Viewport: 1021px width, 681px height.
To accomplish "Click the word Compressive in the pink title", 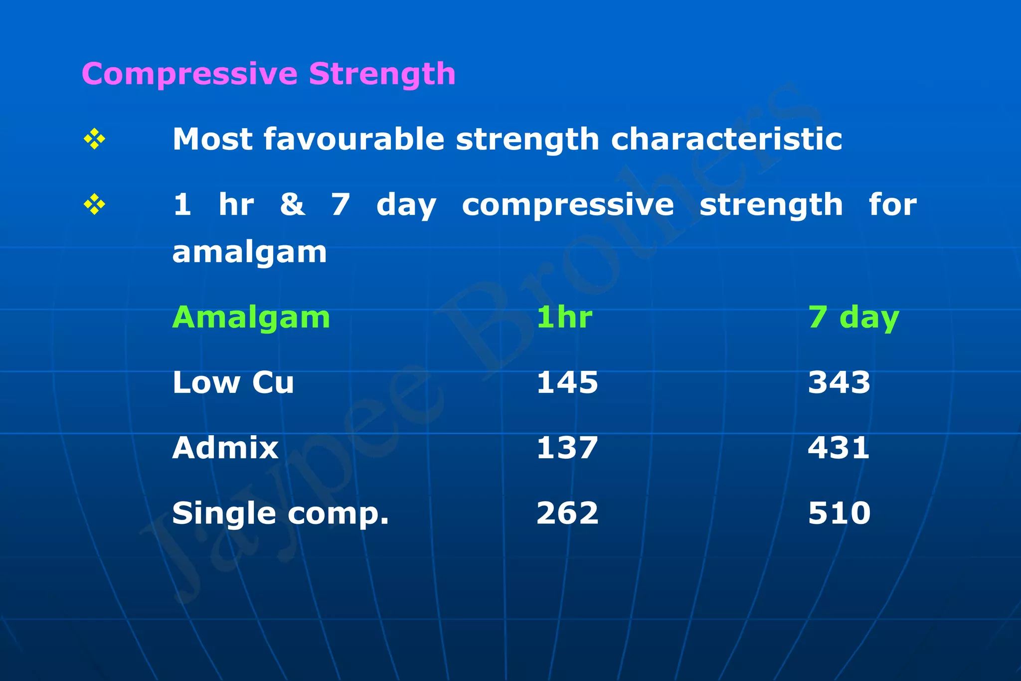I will point(189,75).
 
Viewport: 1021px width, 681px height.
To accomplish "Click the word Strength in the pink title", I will point(382,75).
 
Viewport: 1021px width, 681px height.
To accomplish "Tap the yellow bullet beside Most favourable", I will point(94,139).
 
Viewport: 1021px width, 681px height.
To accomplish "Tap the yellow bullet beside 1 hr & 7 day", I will point(94,204).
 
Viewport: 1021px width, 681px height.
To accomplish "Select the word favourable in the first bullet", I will point(353,139).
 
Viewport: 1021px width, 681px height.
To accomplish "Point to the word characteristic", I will point(726,139).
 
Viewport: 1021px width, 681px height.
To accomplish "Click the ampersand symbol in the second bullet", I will point(292,204).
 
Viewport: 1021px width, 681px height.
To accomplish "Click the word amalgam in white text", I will point(249,252).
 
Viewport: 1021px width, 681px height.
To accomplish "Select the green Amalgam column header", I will point(251,317).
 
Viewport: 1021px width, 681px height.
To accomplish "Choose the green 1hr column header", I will point(564,317).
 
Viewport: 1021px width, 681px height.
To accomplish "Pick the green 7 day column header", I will point(853,318).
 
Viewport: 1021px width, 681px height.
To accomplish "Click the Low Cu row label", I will point(233,383).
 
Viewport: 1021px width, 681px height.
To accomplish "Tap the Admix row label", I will point(225,448).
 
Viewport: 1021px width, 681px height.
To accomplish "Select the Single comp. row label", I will point(280,513).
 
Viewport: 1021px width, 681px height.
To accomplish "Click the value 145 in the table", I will point(567,383).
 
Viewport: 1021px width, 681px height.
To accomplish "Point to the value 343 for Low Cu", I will point(839,383).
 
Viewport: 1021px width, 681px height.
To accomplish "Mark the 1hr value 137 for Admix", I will point(567,448).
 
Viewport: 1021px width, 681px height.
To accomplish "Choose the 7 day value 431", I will point(839,448).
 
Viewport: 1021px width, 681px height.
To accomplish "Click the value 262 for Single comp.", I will point(567,513).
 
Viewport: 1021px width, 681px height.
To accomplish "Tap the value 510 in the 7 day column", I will point(839,513).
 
